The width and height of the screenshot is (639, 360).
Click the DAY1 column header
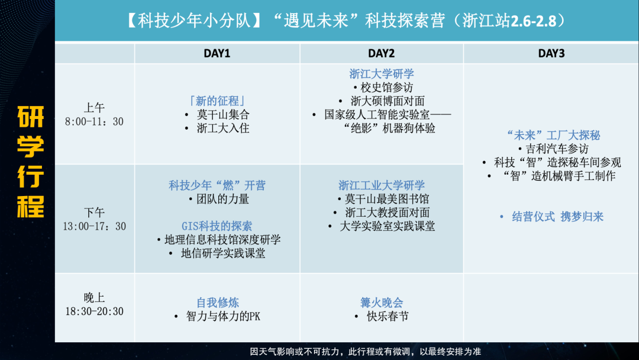pyautogui.click(x=217, y=53)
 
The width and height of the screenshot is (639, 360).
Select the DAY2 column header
pyautogui.click(x=381, y=53)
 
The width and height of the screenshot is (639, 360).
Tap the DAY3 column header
pyautogui.click(x=551, y=53)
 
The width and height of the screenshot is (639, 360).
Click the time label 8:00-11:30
pyautogui.click(x=94, y=121)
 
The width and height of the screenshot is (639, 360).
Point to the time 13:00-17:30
pyautogui.click(x=94, y=226)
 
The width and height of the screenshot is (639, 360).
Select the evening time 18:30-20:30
pyautogui.click(x=94, y=311)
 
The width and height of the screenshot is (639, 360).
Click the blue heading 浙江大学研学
pyautogui.click(x=382, y=74)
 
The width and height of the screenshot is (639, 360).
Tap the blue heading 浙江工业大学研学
pyautogui.click(x=382, y=185)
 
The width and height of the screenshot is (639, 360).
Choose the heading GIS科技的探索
pyautogui.click(x=217, y=226)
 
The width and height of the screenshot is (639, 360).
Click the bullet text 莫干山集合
pyautogui.click(x=223, y=114)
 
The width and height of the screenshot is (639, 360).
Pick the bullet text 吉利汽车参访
pyautogui.click(x=557, y=149)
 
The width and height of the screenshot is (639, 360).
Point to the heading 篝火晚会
pyautogui.click(x=382, y=303)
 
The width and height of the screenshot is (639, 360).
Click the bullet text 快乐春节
pyautogui.click(x=388, y=316)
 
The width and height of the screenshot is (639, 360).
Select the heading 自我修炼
pyautogui.click(x=217, y=303)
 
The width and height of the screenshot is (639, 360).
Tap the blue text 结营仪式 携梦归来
pyautogui.click(x=557, y=217)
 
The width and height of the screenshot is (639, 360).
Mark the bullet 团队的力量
pyautogui.click(x=222, y=199)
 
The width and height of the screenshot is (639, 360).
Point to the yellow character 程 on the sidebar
pyautogui.click(x=31, y=207)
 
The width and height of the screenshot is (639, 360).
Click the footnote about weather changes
pyautogui.click(x=365, y=352)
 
